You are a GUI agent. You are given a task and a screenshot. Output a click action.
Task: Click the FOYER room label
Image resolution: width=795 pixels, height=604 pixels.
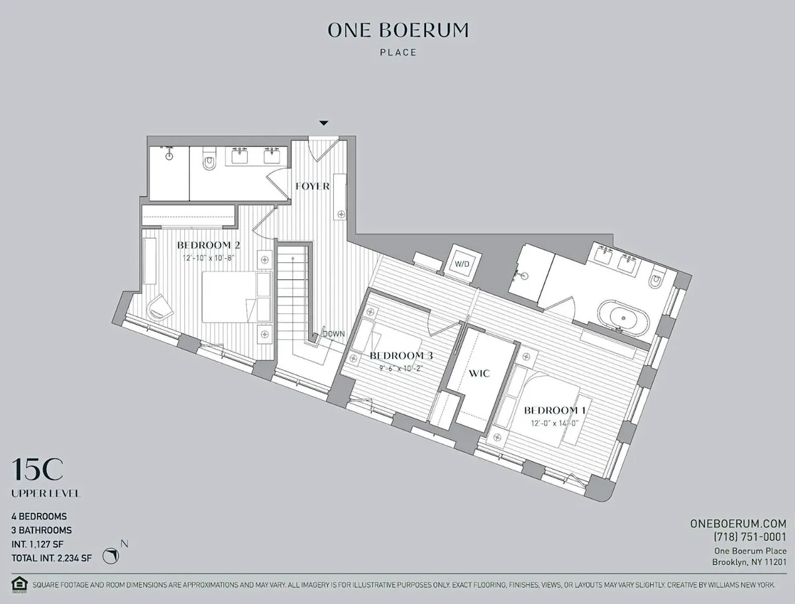[313, 186]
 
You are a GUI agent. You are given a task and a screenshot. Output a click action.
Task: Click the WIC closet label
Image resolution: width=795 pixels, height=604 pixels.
[479, 374]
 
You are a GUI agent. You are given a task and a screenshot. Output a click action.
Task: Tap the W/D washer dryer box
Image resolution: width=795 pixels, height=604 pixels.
[462, 264]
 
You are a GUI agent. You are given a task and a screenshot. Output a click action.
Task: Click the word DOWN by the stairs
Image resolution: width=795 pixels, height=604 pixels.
[333, 334]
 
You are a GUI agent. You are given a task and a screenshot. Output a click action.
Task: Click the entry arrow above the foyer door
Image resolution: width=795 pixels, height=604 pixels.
[323, 123]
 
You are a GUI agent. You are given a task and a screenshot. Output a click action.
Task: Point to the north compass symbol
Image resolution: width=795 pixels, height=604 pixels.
[111, 555]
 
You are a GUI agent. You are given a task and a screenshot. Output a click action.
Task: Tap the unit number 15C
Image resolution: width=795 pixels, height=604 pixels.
[38, 470]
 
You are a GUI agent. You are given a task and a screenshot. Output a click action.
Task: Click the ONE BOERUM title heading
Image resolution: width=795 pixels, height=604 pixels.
[398, 30]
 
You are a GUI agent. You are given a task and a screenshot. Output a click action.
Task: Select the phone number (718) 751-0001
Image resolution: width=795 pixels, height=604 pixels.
[750, 537]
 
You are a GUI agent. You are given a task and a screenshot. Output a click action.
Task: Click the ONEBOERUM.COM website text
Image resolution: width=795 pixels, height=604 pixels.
[738, 523]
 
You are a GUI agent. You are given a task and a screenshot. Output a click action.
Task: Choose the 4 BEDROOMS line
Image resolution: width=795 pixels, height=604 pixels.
[39, 516]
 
